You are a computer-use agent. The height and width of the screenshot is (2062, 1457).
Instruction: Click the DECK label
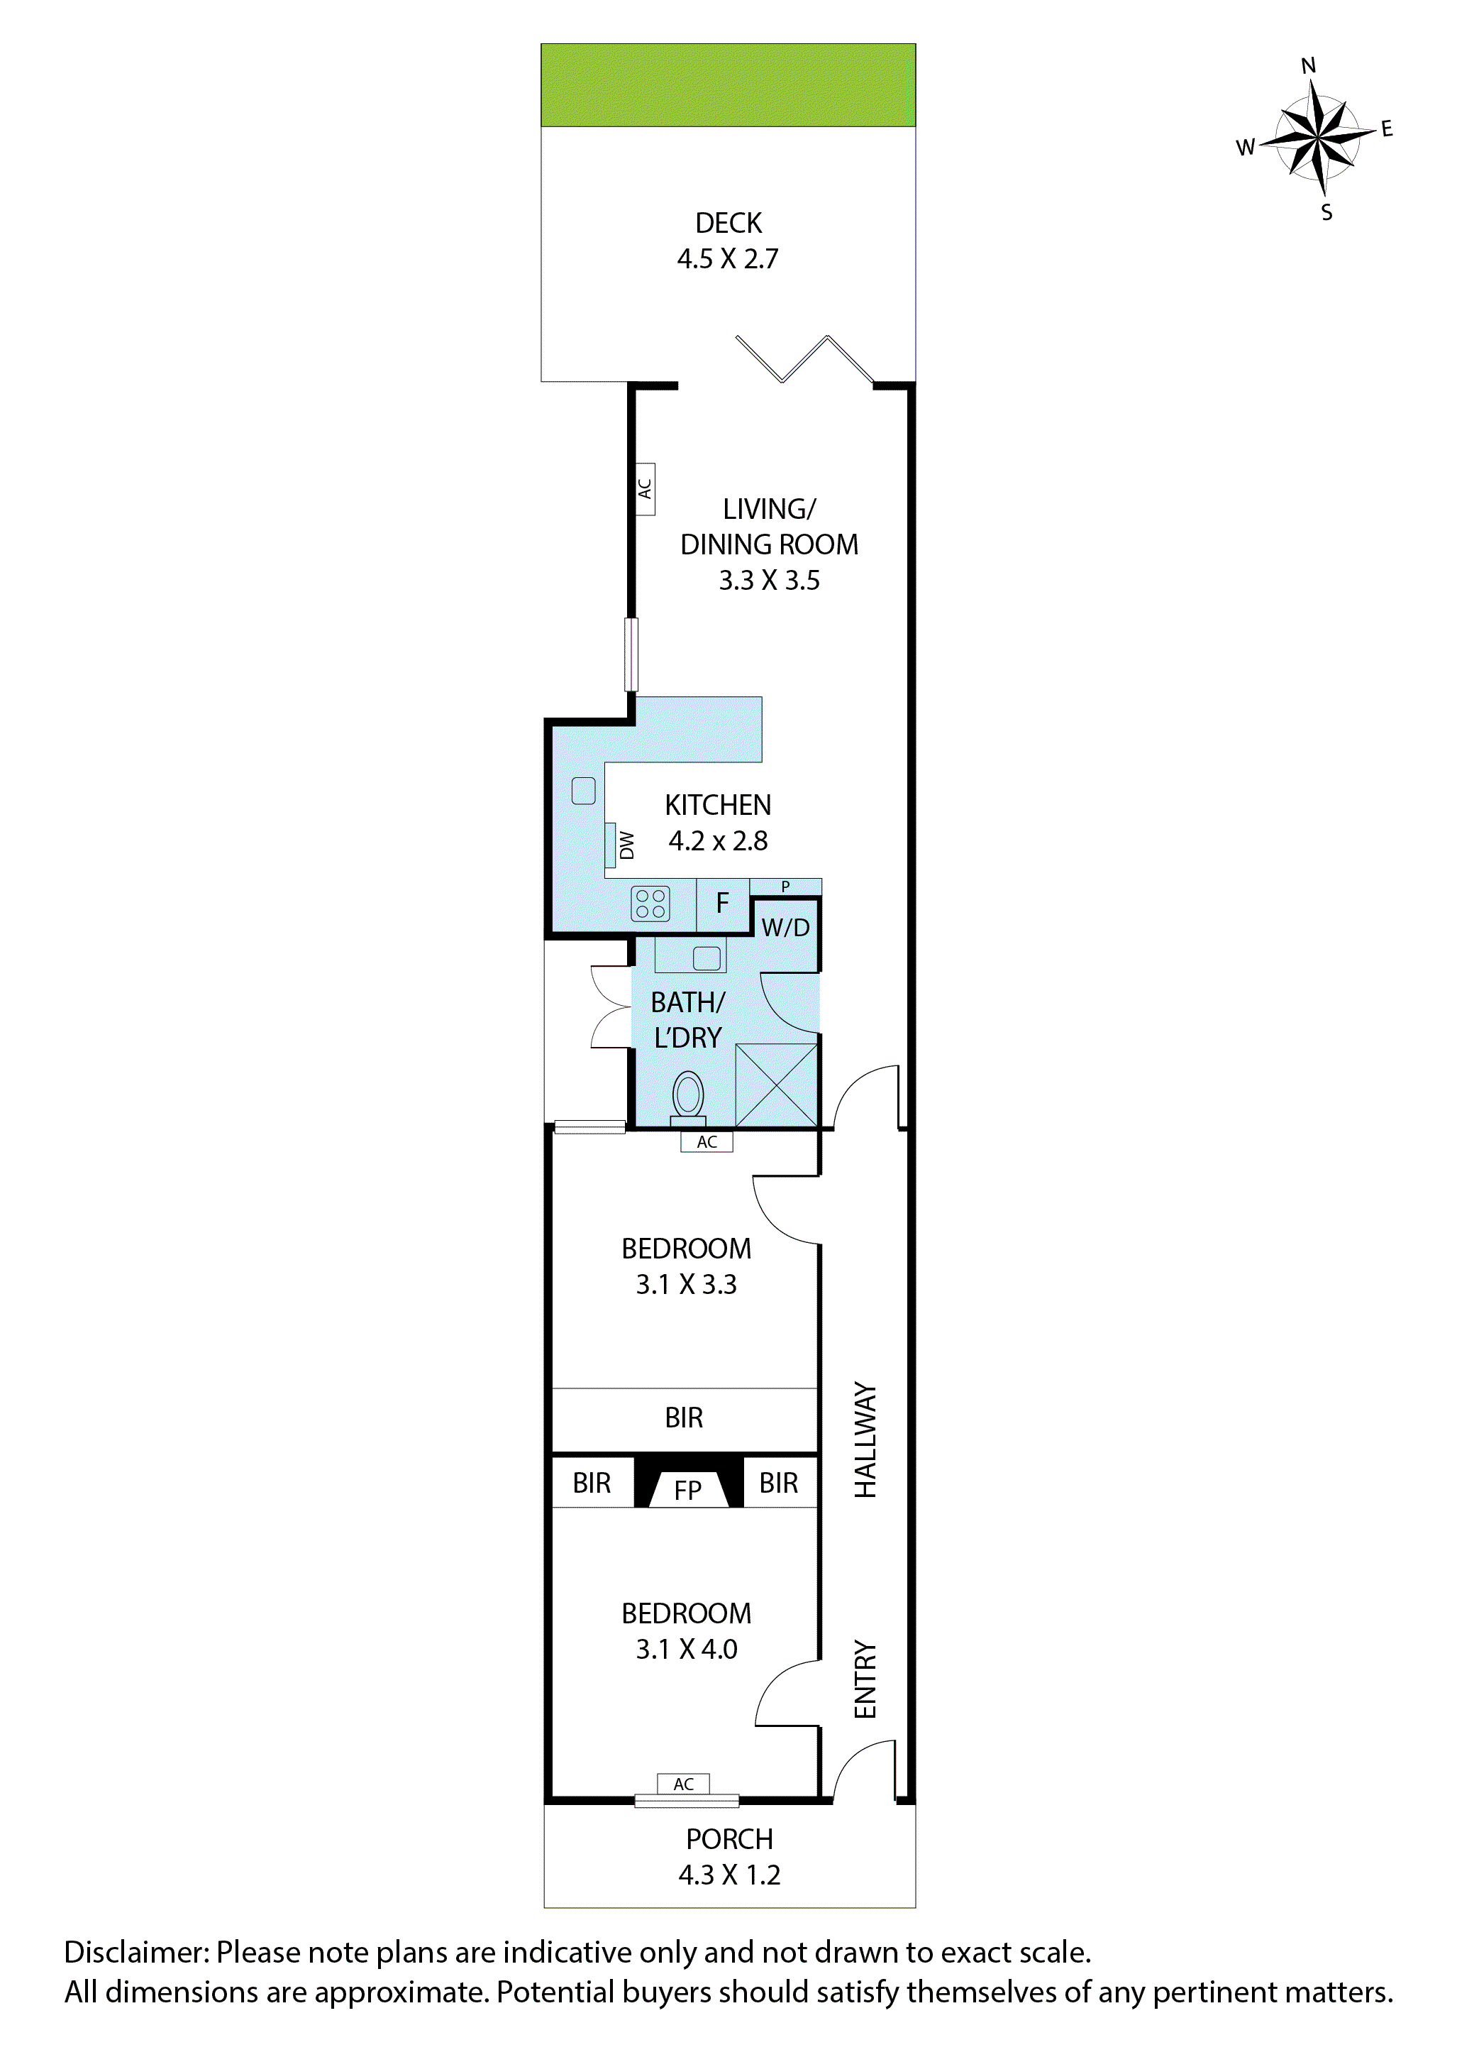point(728,223)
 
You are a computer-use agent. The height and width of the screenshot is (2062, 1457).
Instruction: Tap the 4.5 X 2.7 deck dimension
point(728,258)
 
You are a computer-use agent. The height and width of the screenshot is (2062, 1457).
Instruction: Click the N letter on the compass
point(1308,65)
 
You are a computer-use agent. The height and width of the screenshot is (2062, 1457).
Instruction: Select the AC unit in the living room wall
point(645,488)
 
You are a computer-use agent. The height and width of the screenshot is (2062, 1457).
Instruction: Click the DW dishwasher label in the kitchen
point(626,844)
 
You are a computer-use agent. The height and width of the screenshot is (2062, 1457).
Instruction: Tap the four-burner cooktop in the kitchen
point(650,904)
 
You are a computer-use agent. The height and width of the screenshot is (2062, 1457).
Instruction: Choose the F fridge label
point(722,904)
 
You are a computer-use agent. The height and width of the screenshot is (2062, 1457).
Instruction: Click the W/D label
point(785,928)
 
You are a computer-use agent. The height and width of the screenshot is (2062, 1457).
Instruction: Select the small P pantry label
point(785,887)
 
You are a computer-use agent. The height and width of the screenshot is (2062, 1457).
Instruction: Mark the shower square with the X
point(777,1085)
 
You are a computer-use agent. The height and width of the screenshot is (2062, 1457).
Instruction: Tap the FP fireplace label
point(687,1491)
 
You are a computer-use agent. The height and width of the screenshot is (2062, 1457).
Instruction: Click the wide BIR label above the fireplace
point(684,1417)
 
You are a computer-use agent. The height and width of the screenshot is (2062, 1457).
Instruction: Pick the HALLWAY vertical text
point(865,1439)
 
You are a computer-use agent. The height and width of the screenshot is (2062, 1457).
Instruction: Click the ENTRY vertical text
point(865,1679)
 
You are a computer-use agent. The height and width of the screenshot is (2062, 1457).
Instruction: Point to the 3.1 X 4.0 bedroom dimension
point(687,1649)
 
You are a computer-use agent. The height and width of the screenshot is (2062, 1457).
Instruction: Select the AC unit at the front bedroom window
point(683,1784)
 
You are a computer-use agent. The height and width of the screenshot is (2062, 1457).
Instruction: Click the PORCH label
point(729,1839)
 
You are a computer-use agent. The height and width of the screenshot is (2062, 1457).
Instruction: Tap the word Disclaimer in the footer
point(135,1953)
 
